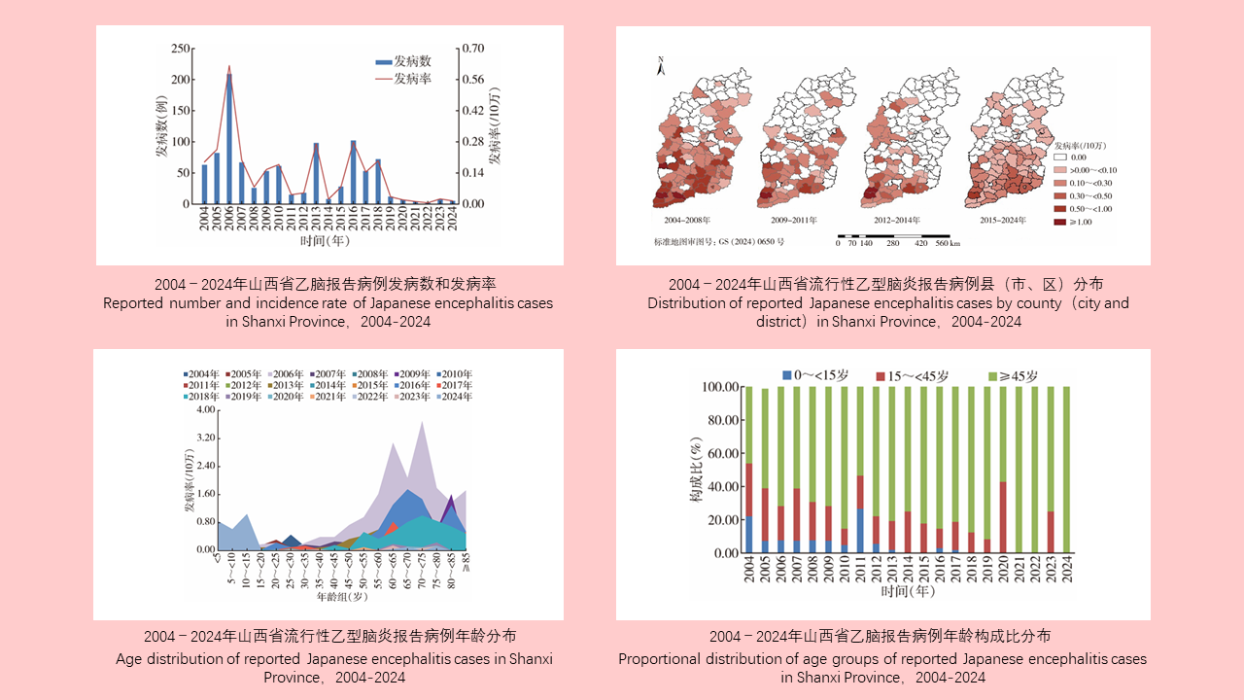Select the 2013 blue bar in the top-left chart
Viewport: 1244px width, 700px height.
pyautogui.click(x=316, y=175)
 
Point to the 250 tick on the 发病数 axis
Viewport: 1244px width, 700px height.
pyautogui.click(x=180, y=49)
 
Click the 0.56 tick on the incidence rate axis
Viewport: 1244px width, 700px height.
pyautogui.click(x=472, y=80)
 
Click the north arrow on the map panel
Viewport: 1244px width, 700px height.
pyautogui.click(x=660, y=65)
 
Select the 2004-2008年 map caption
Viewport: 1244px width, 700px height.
pyautogui.click(x=686, y=221)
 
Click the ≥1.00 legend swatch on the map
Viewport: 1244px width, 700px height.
pyautogui.click(x=1061, y=222)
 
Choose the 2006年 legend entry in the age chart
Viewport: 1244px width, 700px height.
pyautogui.click(x=289, y=374)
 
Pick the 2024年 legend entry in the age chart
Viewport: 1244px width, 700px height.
pyautogui.click(x=455, y=397)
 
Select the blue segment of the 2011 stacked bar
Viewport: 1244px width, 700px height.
pyautogui.click(x=861, y=531)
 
